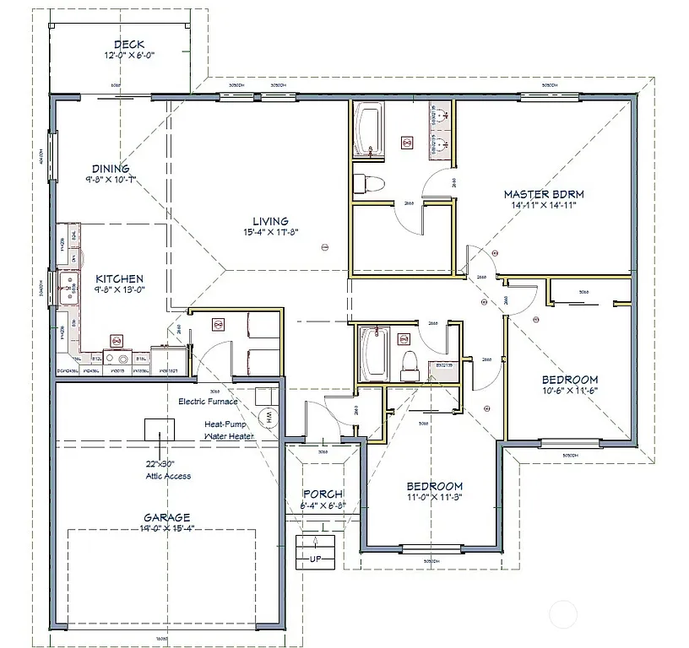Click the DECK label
(x=129, y=45)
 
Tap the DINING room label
(x=111, y=169)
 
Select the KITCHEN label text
(x=118, y=278)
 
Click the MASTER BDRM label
(x=544, y=194)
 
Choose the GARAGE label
(x=165, y=517)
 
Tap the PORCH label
(x=323, y=494)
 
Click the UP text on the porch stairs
(x=316, y=559)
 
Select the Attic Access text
(x=167, y=476)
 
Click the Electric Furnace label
(x=208, y=402)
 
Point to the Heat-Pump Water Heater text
(x=229, y=430)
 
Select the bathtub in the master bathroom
(x=369, y=131)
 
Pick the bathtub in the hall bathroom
(x=372, y=354)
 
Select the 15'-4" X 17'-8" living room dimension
(x=272, y=233)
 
